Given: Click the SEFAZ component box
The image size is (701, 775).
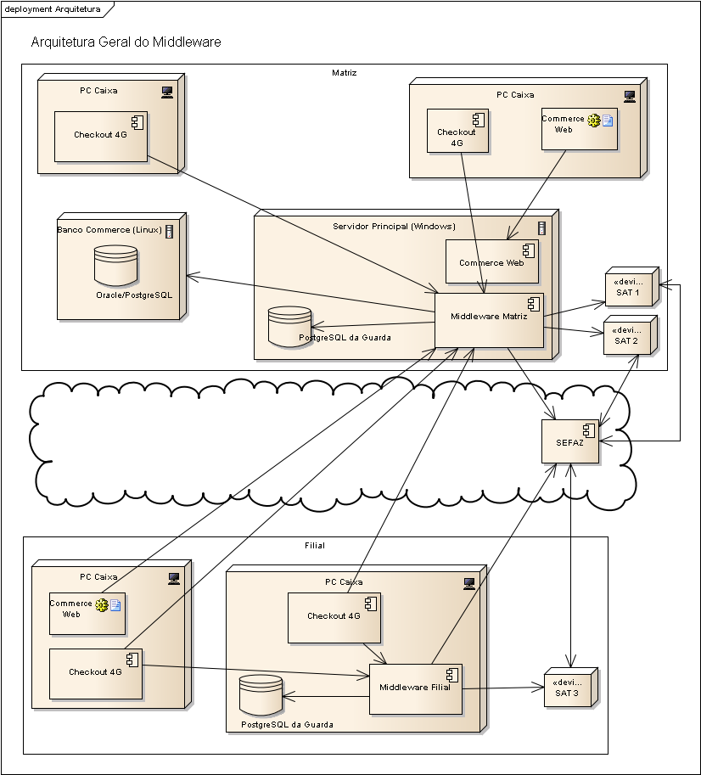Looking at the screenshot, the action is (x=570, y=441).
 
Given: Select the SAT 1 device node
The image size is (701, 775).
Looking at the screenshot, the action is (x=632, y=287).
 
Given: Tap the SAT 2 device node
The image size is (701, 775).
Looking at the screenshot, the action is (x=631, y=335).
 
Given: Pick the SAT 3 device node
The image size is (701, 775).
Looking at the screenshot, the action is (x=571, y=688).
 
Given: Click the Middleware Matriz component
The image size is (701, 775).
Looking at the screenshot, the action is (x=489, y=320).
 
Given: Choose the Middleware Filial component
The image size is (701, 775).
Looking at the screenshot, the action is (x=416, y=689).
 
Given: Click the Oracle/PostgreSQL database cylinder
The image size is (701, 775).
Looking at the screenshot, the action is (x=115, y=266).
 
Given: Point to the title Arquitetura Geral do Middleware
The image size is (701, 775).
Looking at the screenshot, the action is (x=126, y=42).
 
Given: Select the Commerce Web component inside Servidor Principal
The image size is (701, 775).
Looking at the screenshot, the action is (x=492, y=261).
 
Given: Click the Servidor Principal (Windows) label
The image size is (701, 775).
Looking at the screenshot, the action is (x=395, y=227).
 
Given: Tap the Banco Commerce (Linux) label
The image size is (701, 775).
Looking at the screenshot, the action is (x=109, y=230).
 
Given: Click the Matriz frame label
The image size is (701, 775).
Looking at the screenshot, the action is (x=345, y=73).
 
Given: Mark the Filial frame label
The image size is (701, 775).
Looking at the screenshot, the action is (x=315, y=546).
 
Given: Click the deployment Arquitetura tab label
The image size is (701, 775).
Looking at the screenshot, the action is (x=53, y=8).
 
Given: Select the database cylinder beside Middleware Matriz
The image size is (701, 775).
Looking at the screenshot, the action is (x=289, y=326).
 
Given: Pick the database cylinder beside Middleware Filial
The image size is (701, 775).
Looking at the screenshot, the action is (x=261, y=695).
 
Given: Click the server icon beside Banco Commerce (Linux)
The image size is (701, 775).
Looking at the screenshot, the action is (x=170, y=232).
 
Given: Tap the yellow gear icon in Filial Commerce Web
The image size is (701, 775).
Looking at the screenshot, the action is (x=101, y=605).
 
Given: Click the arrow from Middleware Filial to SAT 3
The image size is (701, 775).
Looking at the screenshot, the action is (x=503, y=688).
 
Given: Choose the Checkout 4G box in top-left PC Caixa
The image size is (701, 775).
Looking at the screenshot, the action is (x=101, y=137).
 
